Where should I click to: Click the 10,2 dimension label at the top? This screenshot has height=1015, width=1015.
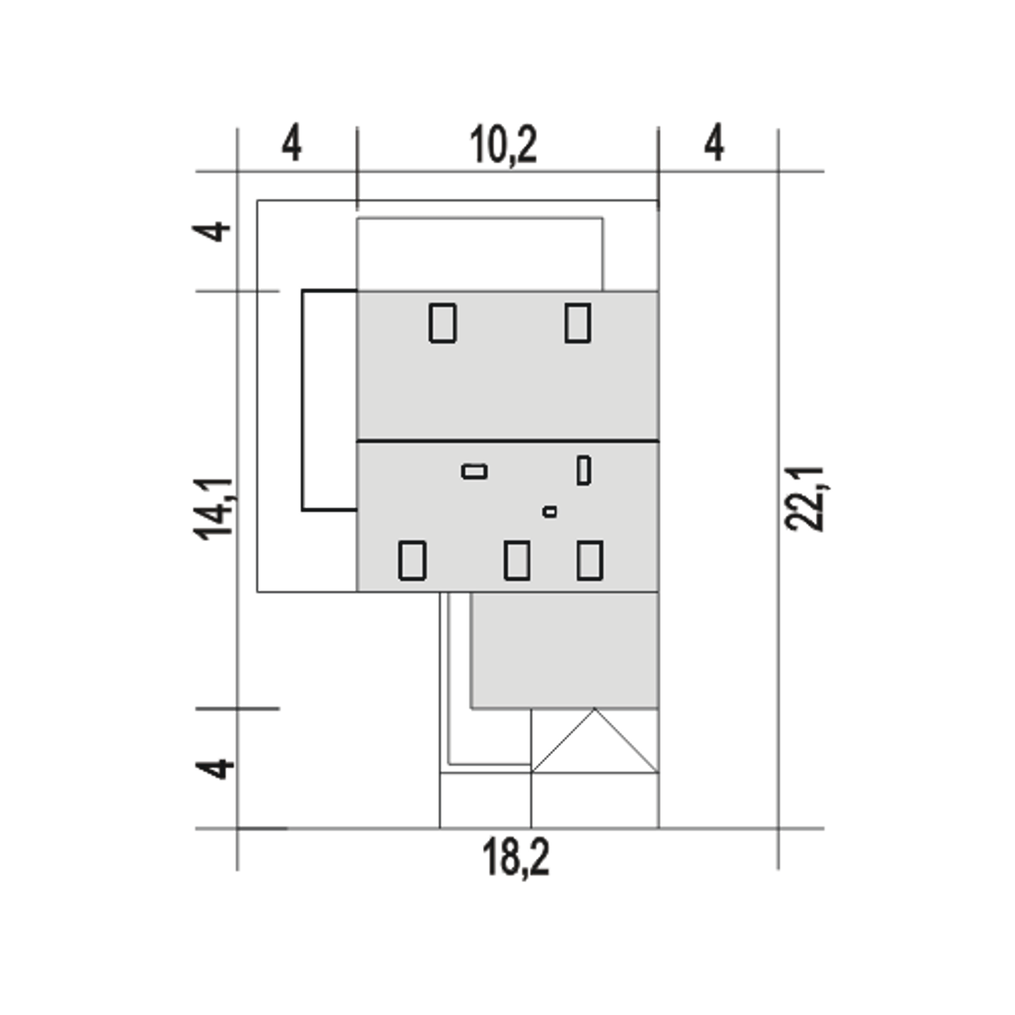click(503, 145)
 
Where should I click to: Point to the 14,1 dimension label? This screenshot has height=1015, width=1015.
click(214, 509)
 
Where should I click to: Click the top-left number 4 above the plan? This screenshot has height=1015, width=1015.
click(291, 143)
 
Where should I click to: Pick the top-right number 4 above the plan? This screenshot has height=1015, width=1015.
click(714, 143)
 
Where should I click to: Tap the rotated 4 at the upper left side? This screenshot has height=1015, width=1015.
click(211, 232)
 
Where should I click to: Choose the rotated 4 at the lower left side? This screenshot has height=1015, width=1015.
click(214, 768)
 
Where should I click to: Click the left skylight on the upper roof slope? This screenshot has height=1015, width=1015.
click(442, 323)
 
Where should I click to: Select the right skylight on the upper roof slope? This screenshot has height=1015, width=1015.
click(578, 323)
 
